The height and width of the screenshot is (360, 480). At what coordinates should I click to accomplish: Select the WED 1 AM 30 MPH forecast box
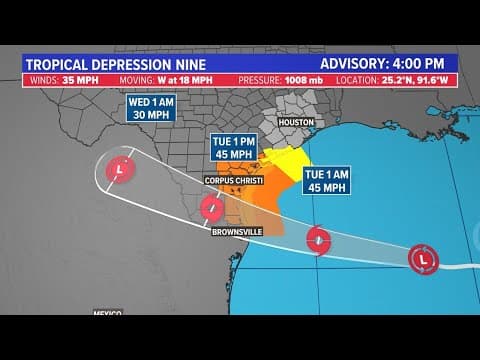pos(152,107)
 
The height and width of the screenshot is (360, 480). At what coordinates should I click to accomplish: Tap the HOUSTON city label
pos(295,122)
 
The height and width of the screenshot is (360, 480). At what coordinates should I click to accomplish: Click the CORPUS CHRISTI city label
pos(232,180)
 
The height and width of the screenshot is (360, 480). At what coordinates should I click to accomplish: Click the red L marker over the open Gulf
pos(423,259)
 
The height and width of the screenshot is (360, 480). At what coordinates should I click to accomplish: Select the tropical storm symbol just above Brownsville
pos(212,208)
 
